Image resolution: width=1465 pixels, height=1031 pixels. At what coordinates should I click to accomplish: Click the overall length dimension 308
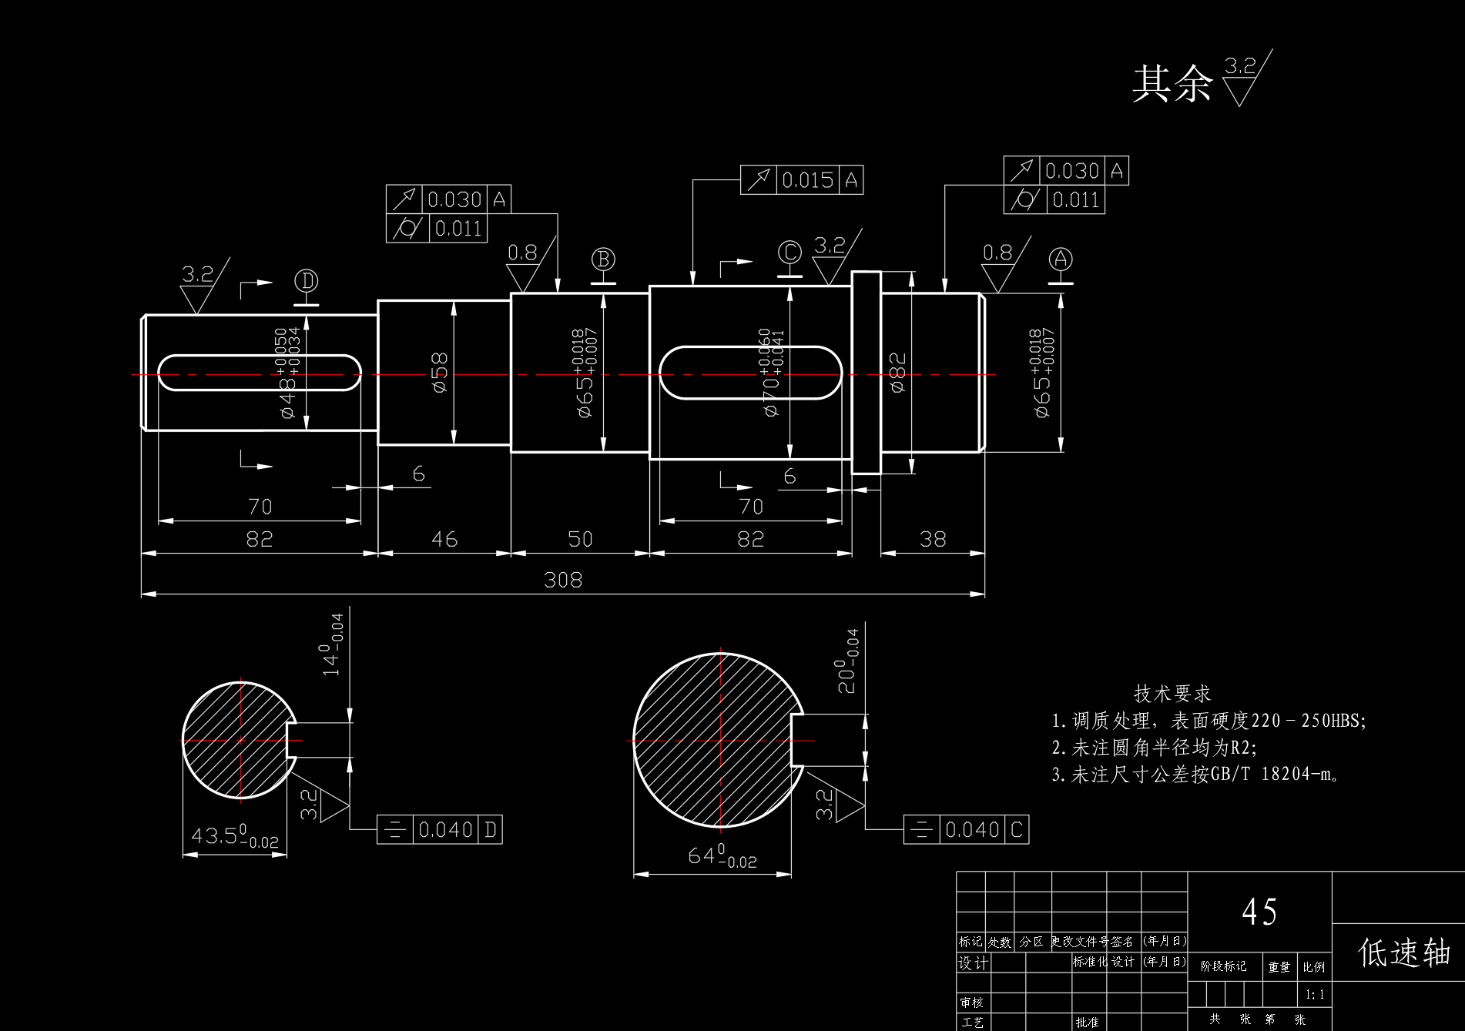click(x=563, y=580)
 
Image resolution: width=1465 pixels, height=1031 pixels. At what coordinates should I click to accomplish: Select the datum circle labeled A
click(x=1061, y=259)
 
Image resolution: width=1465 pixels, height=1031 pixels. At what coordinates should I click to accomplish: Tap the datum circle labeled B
click(x=603, y=259)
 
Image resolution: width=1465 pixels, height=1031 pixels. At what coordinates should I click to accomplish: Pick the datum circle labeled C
click(x=789, y=252)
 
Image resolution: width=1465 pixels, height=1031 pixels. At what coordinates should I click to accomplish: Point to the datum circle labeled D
click(x=307, y=280)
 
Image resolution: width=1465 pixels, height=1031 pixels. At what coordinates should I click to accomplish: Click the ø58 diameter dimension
click(x=440, y=373)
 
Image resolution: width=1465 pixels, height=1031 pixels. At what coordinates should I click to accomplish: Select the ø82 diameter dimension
click(x=897, y=373)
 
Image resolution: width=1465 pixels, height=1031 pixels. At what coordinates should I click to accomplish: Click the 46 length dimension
click(x=444, y=539)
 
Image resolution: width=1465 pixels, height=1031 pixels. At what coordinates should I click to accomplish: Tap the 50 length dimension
click(x=580, y=539)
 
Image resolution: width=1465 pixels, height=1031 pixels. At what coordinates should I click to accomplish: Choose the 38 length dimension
click(x=933, y=539)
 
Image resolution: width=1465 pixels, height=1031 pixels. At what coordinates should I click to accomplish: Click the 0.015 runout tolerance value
click(x=808, y=180)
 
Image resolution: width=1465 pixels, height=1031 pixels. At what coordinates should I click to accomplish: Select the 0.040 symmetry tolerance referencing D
click(x=445, y=830)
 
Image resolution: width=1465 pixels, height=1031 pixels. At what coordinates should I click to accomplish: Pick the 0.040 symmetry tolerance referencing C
click(x=972, y=830)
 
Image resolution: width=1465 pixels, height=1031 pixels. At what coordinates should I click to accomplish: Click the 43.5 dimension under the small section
click(x=234, y=837)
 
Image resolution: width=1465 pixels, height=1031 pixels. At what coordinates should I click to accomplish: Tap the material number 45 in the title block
click(x=1259, y=912)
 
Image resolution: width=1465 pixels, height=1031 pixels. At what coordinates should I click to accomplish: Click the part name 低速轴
click(x=1403, y=952)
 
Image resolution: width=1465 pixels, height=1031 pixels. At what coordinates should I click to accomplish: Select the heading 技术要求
click(x=1172, y=694)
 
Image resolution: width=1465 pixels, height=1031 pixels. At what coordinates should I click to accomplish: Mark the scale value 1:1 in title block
click(x=1315, y=995)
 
